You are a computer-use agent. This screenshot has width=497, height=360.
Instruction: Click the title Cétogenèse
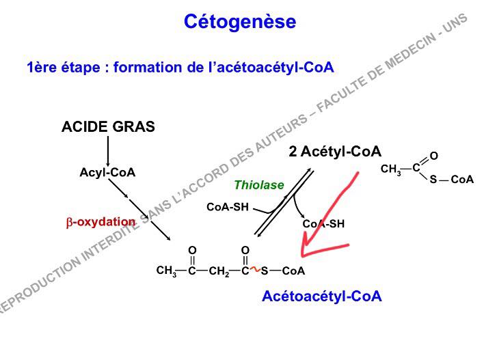click(x=240, y=22)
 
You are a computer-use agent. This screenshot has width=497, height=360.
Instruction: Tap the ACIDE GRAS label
click(x=108, y=127)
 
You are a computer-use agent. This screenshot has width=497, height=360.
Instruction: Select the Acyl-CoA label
click(x=107, y=173)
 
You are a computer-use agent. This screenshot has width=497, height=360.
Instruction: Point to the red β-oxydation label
click(x=100, y=222)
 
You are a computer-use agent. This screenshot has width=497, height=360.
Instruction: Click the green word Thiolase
click(x=258, y=184)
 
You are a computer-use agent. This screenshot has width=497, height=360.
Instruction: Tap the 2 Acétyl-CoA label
click(x=334, y=152)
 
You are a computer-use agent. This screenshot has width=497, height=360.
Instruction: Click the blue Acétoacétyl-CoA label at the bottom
click(x=321, y=296)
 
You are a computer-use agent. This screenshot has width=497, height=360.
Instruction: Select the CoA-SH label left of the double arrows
click(x=227, y=207)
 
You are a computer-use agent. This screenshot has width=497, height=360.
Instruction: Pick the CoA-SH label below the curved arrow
click(x=323, y=223)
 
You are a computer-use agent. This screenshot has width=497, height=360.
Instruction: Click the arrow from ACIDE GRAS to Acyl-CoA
click(x=108, y=150)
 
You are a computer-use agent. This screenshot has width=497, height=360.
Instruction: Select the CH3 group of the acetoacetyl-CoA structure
click(x=166, y=271)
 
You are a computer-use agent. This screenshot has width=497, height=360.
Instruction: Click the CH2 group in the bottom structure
click(x=219, y=271)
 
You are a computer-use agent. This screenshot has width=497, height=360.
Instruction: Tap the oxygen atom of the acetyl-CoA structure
click(x=433, y=156)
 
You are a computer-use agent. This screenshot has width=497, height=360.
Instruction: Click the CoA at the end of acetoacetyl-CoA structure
click(x=293, y=271)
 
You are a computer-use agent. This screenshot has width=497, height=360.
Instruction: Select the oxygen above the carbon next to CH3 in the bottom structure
click(x=192, y=251)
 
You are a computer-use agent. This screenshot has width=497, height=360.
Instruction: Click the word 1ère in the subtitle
click(x=41, y=67)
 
